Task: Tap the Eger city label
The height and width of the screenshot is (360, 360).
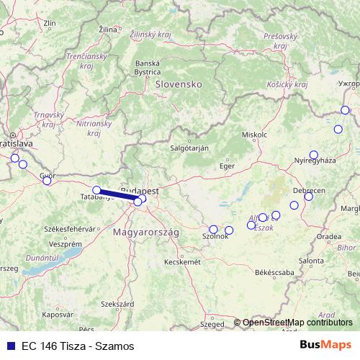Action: point(227,166)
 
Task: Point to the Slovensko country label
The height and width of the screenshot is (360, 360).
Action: point(178,84)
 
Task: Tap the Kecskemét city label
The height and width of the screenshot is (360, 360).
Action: point(182,262)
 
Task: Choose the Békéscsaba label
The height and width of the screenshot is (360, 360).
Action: point(274,273)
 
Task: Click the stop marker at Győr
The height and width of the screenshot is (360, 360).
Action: point(47,180)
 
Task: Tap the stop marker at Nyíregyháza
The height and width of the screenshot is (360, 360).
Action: point(313,154)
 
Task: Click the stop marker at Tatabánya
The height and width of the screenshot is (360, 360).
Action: point(96,190)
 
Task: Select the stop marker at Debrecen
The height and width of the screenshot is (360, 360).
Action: point(309,197)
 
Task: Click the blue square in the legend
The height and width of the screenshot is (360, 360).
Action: point(10,346)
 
